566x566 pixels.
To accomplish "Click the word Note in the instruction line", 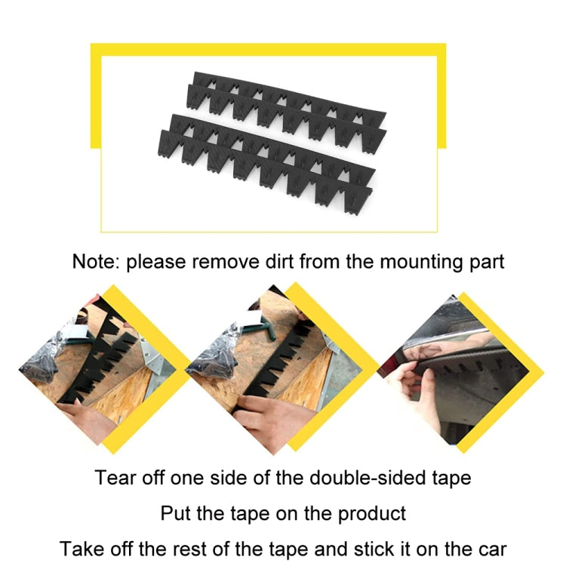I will [94, 263].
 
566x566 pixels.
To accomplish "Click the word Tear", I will [112, 478].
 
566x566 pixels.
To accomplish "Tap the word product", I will [371, 514].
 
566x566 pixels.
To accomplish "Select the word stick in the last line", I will [402, 549].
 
